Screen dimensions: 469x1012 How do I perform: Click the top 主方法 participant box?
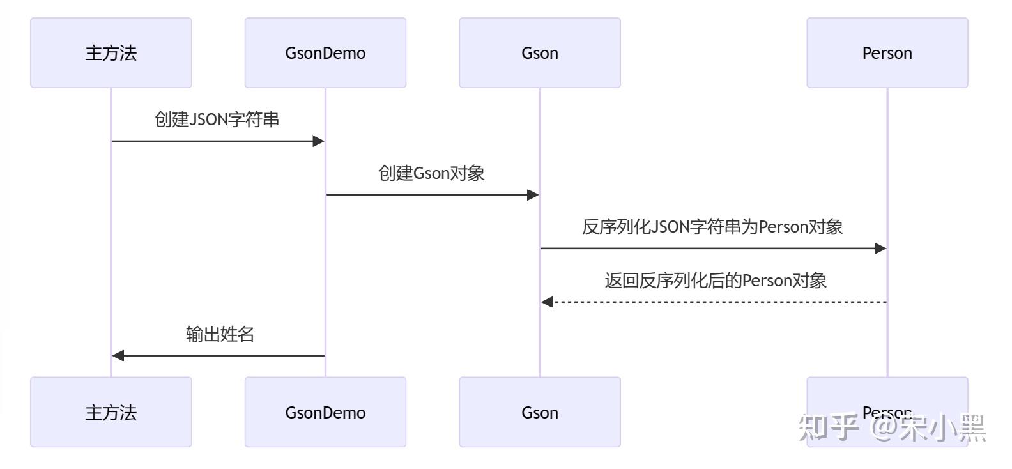click(x=111, y=53)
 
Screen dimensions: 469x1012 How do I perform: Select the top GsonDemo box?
click(x=325, y=53)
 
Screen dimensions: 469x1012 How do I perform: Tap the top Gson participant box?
click(x=539, y=53)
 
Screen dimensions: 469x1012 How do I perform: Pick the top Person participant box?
click(x=887, y=53)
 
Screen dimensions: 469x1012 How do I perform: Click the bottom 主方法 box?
click(x=111, y=412)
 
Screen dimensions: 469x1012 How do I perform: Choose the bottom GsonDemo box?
click(x=325, y=412)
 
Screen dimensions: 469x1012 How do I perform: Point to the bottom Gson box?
click(x=539, y=412)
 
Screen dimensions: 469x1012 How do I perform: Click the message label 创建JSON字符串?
click(x=217, y=119)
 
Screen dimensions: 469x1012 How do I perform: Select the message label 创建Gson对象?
click(x=432, y=173)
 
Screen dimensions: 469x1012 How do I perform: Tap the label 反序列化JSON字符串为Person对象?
click(x=712, y=227)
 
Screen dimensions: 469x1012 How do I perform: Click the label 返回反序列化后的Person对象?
click(x=716, y=281)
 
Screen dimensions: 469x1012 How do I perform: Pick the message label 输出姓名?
click(x=220, y=334)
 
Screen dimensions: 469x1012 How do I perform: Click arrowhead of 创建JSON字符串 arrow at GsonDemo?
click(x=319, y=141)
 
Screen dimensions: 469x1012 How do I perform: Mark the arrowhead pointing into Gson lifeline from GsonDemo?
click(x=533, y=195)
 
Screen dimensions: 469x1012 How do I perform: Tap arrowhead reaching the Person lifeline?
click(x=880, y=249)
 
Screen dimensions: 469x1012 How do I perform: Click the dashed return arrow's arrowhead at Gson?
click(x=547, y=302)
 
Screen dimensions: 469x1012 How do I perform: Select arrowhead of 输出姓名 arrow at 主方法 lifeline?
click(x=118, y=356)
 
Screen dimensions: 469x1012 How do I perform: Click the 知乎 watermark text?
click(x=828, y=427)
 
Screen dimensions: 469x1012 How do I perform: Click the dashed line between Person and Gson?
click(x=716, y=302)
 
